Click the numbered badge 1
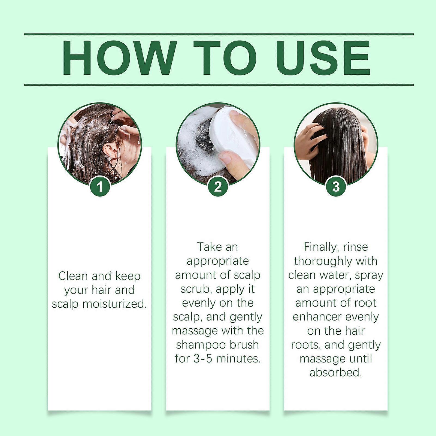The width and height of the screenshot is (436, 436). click(100, 187)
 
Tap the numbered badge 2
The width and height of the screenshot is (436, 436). click(218, 187)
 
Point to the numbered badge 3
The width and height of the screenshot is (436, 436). click(336, 187)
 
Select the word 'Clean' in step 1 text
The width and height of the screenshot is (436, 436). click(73, 276)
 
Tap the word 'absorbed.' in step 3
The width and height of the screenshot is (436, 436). click(336, 373)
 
